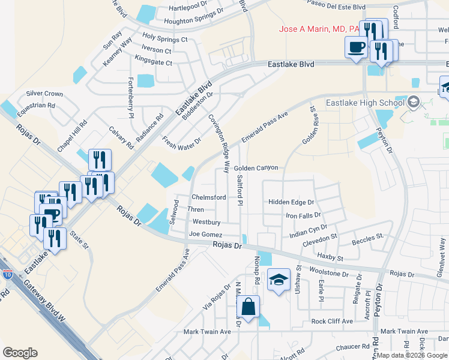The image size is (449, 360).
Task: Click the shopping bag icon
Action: (248, 307)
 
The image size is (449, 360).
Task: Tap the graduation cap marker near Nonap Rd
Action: (279, 280)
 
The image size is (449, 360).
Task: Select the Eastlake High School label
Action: (364, 103)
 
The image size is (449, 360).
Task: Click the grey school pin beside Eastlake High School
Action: (412, 102)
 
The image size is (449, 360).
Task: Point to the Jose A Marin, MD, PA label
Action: (319, 29)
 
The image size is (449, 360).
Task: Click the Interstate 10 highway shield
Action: (7, 274)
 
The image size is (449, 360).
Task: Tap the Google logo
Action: (20, 352)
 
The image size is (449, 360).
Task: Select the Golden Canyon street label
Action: (256, 168)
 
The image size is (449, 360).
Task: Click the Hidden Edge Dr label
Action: (291, 203)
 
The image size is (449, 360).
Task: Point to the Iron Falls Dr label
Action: (303, 215)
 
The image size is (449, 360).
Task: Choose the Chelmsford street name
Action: (208, 197)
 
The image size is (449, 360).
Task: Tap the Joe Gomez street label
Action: (205, 234)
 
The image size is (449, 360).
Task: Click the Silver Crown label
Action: (44, 94)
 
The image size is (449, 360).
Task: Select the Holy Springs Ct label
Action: (164, 39)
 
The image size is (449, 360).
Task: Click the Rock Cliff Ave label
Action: (332, 321)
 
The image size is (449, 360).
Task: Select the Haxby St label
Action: (330, 258)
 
